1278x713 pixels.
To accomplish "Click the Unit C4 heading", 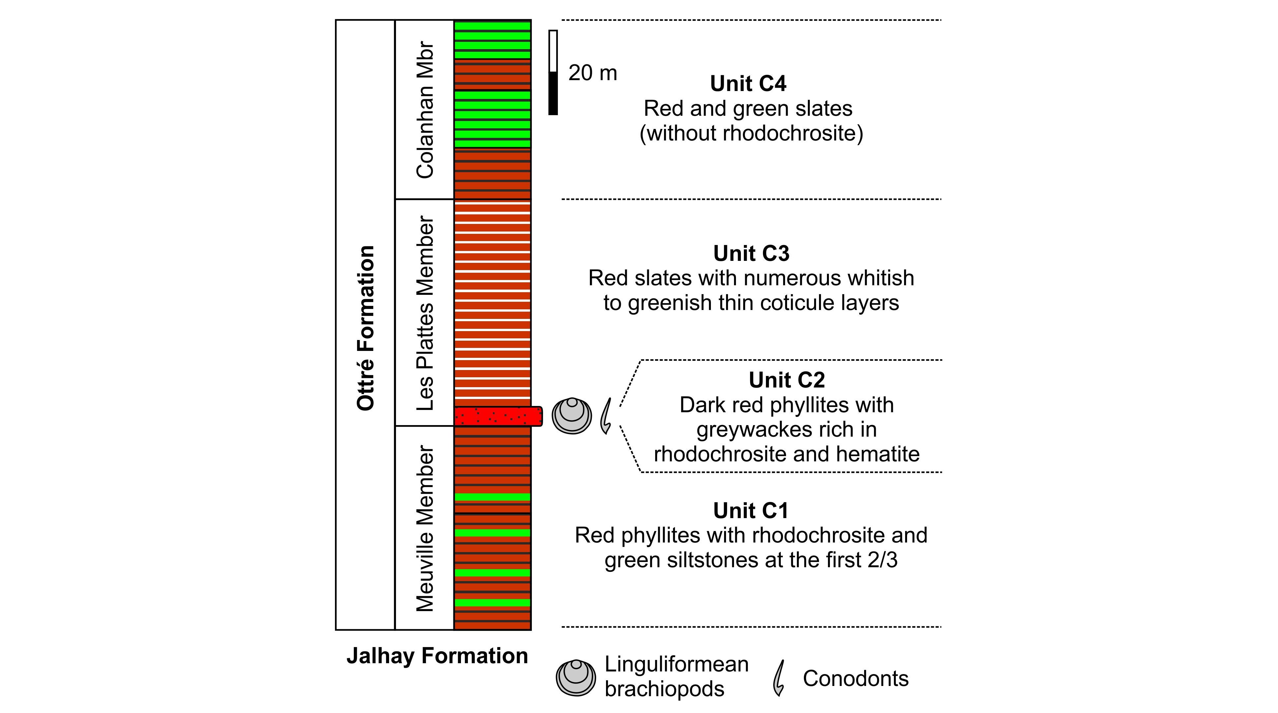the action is click(748, 83).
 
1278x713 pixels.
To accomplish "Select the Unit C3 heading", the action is click(751, 253).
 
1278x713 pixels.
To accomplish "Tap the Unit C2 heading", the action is click(787, 380).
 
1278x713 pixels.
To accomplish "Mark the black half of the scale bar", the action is click(553, 93).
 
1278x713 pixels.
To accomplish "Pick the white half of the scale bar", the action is click(553, 51).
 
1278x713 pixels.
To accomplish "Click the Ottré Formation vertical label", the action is click(366, 327).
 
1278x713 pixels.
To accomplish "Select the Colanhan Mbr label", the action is click(425, 109).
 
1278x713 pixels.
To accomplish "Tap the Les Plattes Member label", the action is click(425, 313).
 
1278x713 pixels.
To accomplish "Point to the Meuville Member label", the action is click(425, 528).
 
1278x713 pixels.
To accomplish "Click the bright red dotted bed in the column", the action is click(498, 416).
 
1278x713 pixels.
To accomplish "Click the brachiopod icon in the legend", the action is click(575, 678).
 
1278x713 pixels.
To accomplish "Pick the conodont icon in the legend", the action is click(779, 678).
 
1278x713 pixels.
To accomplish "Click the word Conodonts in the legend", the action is click(856, 679).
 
